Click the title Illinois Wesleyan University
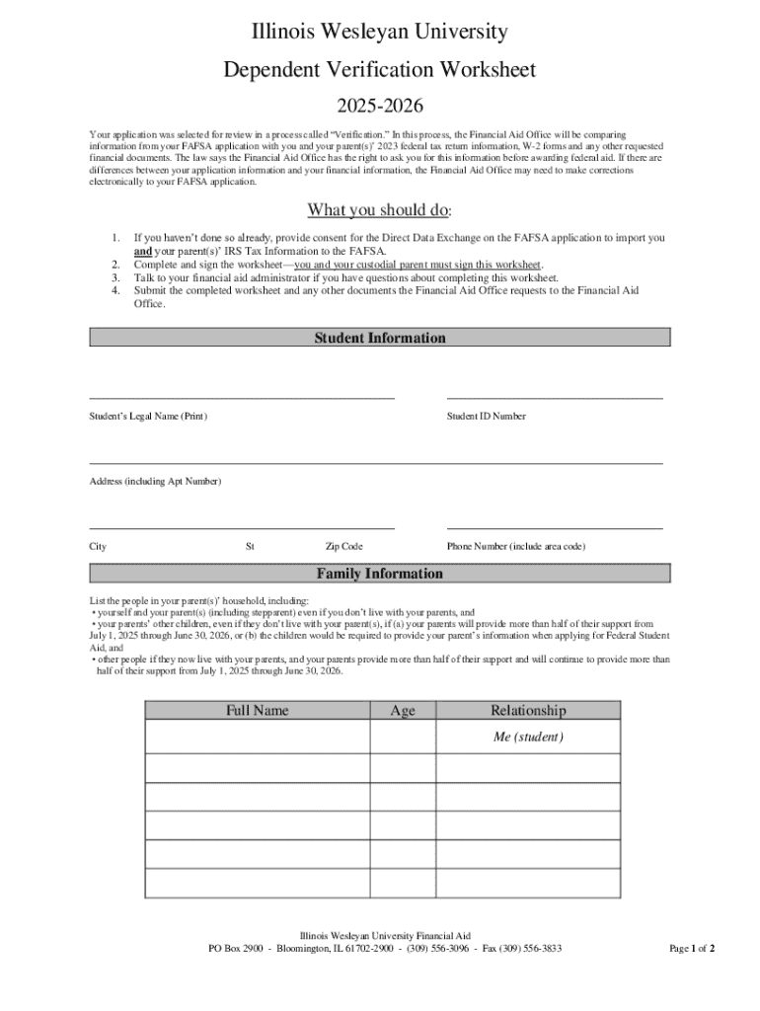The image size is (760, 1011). (x=379, y=33)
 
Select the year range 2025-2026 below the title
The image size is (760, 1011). (x=380, y=105)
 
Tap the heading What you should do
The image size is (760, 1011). (x=379, y=209)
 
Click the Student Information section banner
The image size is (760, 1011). (x=380, y=338)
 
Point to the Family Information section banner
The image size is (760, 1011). (x=380, y=574)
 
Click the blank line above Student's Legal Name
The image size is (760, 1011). (x=242, y=397)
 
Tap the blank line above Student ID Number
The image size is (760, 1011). (x=555, y=397)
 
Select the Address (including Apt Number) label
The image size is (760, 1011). (x=155, y=481)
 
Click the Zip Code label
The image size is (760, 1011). (x=343, y=547)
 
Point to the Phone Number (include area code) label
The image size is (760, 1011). (x=516, y=547)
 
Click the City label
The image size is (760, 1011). (x=98, y=547)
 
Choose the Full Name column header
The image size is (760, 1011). (x=257, y=710)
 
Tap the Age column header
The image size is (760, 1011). (x=403, y=710)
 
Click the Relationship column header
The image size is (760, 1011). (x=528, y=710)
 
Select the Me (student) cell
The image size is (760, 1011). (x=528, y=737)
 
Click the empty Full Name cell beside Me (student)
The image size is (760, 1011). (x=257, y=737)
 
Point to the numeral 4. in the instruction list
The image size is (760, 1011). (x=115, y=290)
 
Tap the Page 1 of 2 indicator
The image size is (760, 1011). (x=692, y=949)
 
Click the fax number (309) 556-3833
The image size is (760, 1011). (x=532, y=949)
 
